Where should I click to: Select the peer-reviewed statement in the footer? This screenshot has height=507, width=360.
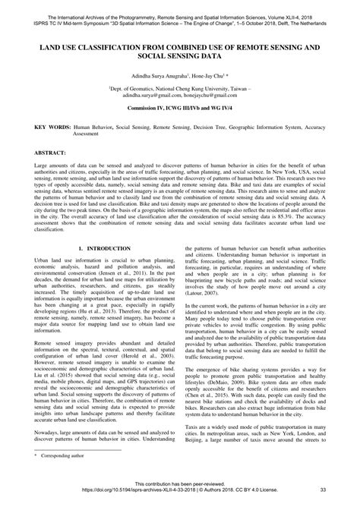click(x=180, y=483)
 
